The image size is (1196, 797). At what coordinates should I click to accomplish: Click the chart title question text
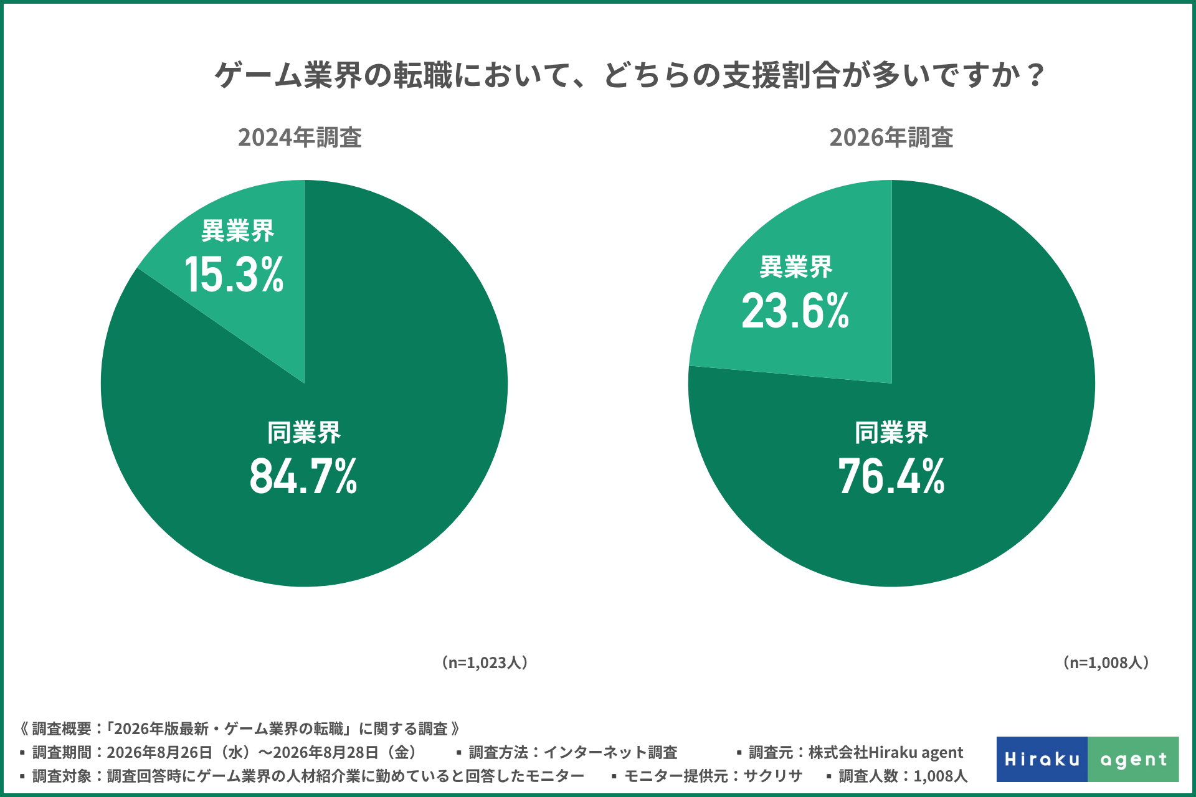coord(629,75)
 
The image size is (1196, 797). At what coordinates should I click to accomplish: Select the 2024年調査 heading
coord(300,138)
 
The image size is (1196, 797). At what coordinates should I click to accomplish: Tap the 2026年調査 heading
coord(891,138)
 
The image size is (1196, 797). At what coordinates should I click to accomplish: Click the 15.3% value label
coord(234,275)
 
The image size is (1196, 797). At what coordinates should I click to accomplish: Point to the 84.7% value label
coord(303,476)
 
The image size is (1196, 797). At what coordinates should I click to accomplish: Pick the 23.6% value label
coord(795,311)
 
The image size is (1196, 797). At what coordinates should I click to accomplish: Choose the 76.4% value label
coord(891,476)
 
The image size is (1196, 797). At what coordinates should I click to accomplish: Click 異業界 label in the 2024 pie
coord(238,231)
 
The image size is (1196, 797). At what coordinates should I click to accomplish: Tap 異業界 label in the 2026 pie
coord(795,267)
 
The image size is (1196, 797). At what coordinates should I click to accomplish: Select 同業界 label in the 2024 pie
coord(304,433)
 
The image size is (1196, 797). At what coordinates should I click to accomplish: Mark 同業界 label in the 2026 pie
coord(891,433)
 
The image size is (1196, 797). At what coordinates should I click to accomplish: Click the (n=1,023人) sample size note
coord(485,663)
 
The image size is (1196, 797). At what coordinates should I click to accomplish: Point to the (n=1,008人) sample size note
coord(1106,663)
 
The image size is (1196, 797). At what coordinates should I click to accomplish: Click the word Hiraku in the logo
coord(1042,760)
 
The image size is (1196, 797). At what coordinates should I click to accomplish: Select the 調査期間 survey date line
coord(220,753)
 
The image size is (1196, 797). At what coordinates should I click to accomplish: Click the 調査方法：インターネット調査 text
coord(567,753)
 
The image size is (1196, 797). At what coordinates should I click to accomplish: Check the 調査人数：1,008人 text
coord(897,776)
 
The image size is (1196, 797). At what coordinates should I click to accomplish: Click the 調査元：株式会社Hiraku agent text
coord(850,753)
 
